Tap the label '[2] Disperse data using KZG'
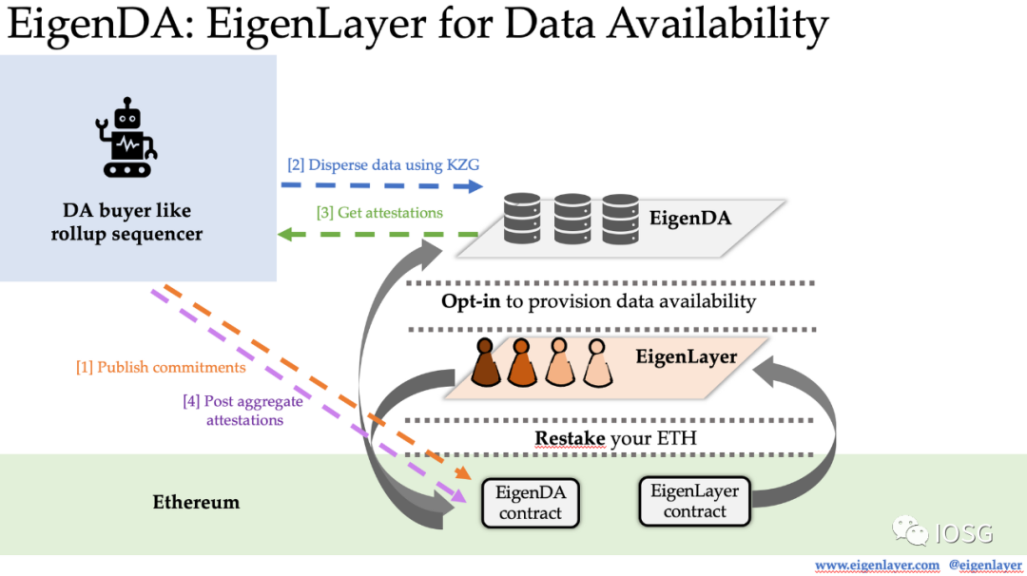pyautogui.click(x=383, y=164)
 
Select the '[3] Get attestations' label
pyautogui.click(x=379, y=213)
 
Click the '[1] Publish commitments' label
pyautogui.click(x=161, y=367)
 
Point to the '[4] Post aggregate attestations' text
pyautogui.click(x=242, y=410)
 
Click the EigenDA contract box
pyautogui.click(x=530, y=503)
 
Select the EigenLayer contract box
pyautogui.click(x=694, y=501)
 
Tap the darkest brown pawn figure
pyautogui.click(x=485, y=363)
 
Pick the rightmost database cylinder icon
pyautogui.click(x=620, y=219)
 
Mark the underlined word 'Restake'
pyautogui.click(x=569, y=438)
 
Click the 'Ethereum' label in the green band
pyautogui.click(x=196, y=501)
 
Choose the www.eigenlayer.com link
pyautogui.click(x=878, y=565)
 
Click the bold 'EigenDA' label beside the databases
pyautogui.click(x=690, y=218)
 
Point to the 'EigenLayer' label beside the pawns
pyautogui.click(x=687, y=357)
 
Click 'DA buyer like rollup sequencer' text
pyautogui.click(x=127, y=221)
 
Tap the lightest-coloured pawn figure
pyautogui.click(x=596, y=364)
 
